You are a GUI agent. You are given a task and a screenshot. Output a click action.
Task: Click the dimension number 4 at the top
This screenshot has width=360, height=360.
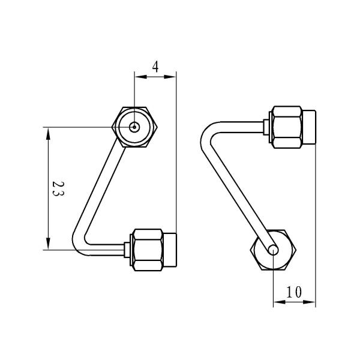[x=155, y=67]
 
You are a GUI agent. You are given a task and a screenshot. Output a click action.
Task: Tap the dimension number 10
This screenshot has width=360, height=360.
[x=293, y=292]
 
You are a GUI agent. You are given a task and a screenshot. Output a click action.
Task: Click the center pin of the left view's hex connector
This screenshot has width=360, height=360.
[x=135, y=127]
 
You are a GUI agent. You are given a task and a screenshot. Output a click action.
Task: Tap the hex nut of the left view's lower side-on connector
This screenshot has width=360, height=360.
[x=145, y=249]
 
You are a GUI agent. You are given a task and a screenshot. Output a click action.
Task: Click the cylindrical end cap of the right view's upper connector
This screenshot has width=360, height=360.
[x=308, y=127]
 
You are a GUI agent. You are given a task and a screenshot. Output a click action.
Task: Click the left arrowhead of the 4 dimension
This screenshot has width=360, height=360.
[x=139, y=76]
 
